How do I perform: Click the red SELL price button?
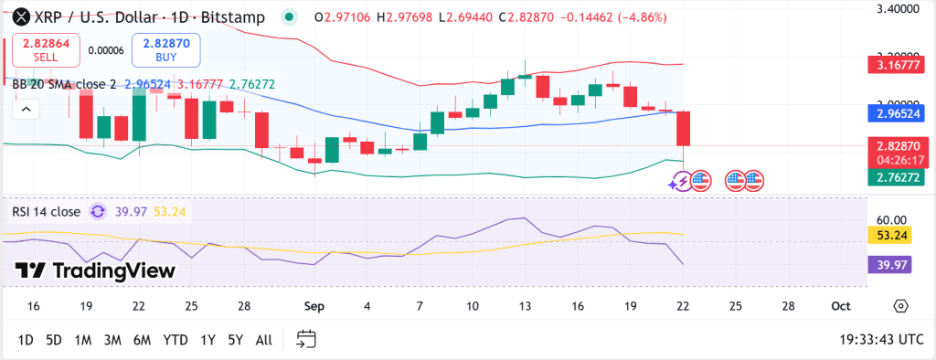(x=46, y=50)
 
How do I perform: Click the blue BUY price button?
(x=165, y=50)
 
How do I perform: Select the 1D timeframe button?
(x=26, y=340)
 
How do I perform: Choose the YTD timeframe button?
(x=175, y=340)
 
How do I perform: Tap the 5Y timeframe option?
(x=236, y=340)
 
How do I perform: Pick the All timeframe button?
(x=264, y=340)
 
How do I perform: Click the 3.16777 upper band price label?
(x=897, y=65)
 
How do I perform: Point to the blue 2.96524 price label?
(x=897, y=114)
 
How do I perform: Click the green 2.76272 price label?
(x=897, y=177)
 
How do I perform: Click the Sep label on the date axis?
(x=314, y=307)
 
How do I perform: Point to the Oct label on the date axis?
(x=841, y=307)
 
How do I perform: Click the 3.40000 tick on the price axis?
(x=897, y=8)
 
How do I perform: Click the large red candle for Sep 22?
(x=683, y=128)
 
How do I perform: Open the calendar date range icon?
(x=306, y=340)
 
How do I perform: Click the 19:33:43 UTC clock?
(x=881, y=340)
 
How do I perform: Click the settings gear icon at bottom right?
(x=900, y=306)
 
